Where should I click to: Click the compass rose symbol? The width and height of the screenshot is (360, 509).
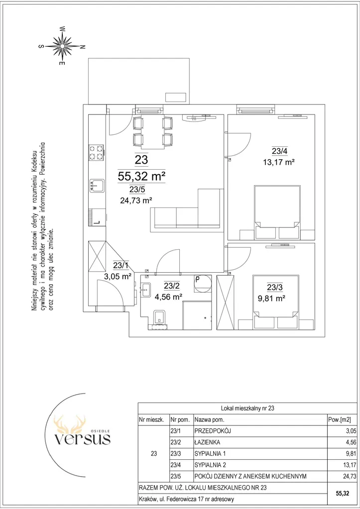[x=62, y=46]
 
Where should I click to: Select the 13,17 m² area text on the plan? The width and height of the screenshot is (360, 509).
[x=278, y=162]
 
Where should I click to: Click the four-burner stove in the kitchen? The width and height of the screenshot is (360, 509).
[x=97, y=153]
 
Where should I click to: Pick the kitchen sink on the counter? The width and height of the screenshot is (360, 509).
[x=97, y=186]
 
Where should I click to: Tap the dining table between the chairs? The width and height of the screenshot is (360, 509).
[x=152, y=131]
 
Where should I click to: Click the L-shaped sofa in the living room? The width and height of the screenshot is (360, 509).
[x=187, y=210]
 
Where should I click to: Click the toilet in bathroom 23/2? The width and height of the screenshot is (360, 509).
[x=159, y=317]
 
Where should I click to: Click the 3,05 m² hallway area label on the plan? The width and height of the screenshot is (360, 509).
[x=118, y=276]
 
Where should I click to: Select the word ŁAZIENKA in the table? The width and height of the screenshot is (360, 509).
[x=207, y=442]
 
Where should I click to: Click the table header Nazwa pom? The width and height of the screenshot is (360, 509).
[x=210, y=419]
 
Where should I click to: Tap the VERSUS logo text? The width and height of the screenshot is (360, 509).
[x=82, y=439]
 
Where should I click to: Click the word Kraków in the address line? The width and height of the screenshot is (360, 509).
[x=147, y=499]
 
